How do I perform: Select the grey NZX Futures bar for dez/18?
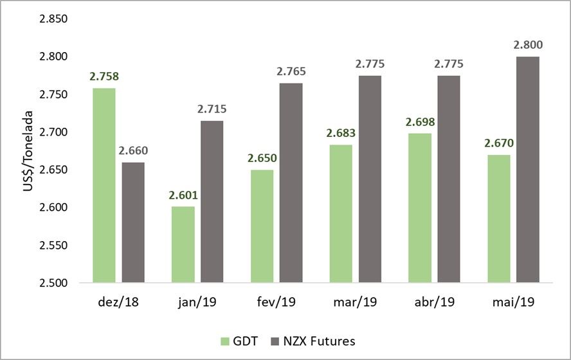coord(133,222)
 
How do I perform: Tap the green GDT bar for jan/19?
coord(183,244)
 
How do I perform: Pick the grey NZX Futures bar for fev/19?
coord(291,183)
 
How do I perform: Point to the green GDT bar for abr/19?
coord(420,208)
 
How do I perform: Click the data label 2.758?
coord(104,76)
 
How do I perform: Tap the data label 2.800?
coord(528,45)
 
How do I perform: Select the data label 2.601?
coord(183,195)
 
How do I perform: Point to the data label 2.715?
coord(212,109)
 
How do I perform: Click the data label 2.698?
coord(420,122)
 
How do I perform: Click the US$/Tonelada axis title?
coord(26,150)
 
